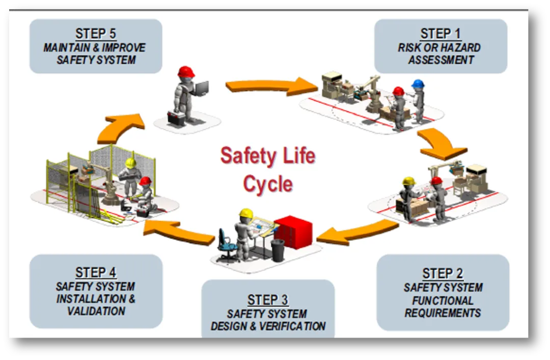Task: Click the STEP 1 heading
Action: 441,34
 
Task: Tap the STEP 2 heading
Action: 443,273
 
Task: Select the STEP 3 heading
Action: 268,300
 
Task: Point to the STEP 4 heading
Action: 96,272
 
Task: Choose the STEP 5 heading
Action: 96,34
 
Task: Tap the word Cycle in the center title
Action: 268,184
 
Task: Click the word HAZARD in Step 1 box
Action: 460,47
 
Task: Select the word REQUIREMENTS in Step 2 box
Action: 443,313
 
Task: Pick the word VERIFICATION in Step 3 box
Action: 293,326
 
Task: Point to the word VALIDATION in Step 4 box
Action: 96,311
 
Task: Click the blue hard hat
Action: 418,84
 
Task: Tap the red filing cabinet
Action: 293,232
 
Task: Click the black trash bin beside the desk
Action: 278,250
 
